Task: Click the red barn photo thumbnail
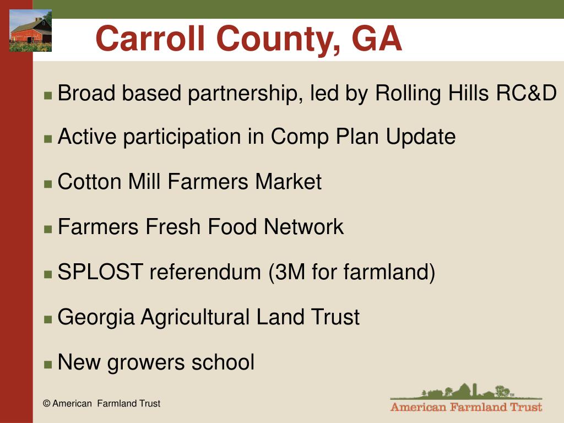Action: coord(31,31)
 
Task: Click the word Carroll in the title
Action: coord(150,39)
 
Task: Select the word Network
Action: coord(303,226)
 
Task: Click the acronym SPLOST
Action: coord(100,272)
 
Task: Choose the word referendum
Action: coord(205,272)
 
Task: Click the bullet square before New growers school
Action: coord(48,365)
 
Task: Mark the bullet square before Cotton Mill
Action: coord(48,184)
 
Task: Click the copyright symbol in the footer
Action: coord(46,404)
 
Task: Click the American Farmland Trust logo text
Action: coord(466,407)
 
